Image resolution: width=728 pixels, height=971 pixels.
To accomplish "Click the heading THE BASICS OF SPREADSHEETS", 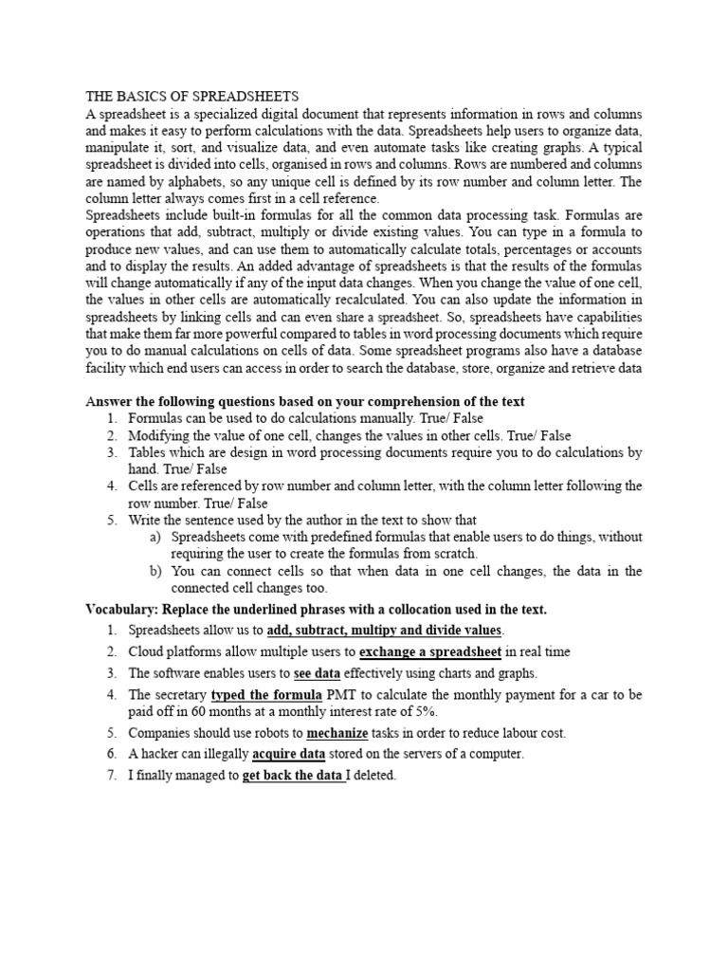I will tap(192, 96).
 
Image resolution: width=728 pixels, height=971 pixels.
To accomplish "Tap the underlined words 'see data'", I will tap(317, 673).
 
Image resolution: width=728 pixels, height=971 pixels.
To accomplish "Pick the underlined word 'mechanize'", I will tap(337, 733).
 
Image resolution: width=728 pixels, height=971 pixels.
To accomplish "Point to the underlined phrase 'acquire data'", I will tap(289, 754).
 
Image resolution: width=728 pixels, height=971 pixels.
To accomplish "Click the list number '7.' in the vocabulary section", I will tap(112, 776).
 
